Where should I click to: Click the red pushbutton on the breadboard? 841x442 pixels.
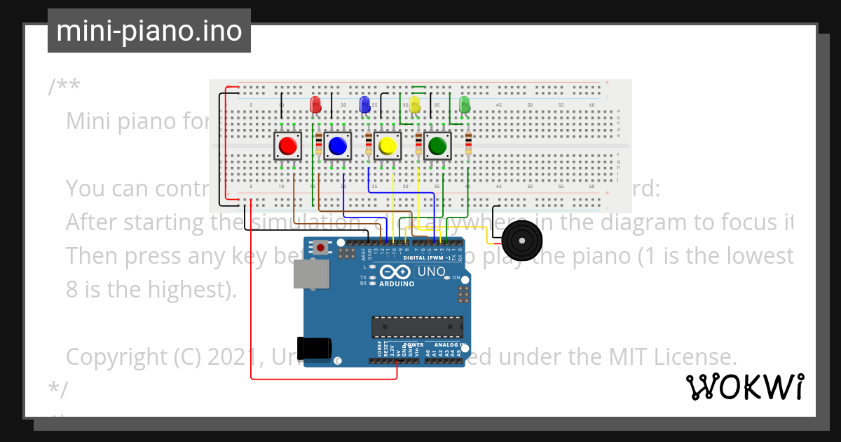(x=287, y=146)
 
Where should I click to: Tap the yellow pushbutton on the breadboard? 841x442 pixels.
(x=387, y=146)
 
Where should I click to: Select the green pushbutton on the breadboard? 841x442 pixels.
(x=437, y=146)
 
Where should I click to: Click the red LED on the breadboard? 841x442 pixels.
(x=315, y=105)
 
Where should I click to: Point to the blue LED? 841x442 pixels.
(x=364, y=105)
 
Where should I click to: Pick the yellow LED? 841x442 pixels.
(x=414, y=106)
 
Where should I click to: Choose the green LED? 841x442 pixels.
(x=464, y=105)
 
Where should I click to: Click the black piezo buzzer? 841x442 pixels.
(x=522, y=240)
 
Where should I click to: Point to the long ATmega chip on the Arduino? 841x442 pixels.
(x=417, y=327)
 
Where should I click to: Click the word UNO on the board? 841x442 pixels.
(x=431, y=272)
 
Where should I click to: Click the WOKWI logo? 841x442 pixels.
(x=744, y=387)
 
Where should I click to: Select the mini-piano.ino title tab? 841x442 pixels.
(x=149, y=31)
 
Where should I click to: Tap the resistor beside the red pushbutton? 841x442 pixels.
(x=319, y=145)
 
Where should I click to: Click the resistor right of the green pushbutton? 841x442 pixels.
(x=468, y=145)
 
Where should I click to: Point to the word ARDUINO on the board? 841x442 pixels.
(x=397, y=283)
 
